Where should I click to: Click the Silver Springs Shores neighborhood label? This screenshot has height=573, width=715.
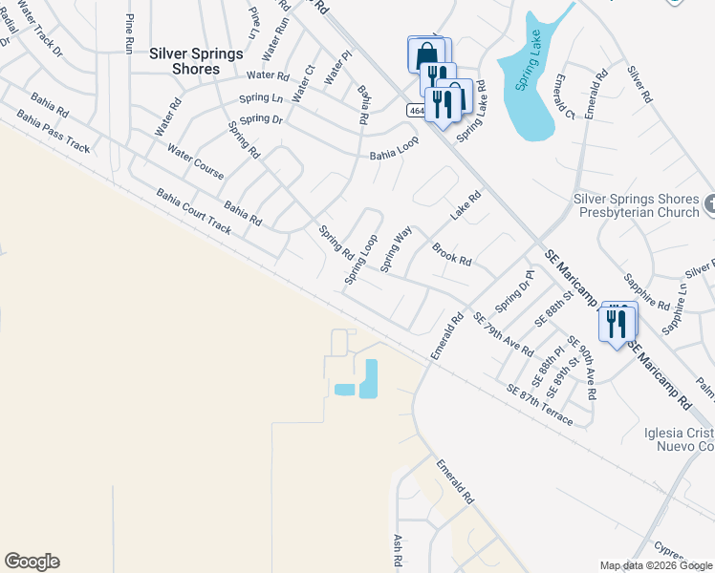click(196, 61)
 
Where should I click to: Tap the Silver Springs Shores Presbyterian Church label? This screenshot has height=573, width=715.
click(636, 205)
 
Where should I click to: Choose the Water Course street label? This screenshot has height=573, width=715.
click(195, 162)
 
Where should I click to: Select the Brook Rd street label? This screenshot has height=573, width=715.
click(451, 254)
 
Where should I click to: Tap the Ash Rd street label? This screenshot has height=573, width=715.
click(397, 549)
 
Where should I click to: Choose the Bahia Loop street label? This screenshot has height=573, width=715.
click(394, 147)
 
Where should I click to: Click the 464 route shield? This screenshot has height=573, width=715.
click(415, 111)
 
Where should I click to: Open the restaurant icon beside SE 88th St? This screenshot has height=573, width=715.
click(617, 323)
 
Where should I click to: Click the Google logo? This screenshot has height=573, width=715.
click(32, 562)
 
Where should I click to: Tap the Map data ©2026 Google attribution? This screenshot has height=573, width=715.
click(655, 565)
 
